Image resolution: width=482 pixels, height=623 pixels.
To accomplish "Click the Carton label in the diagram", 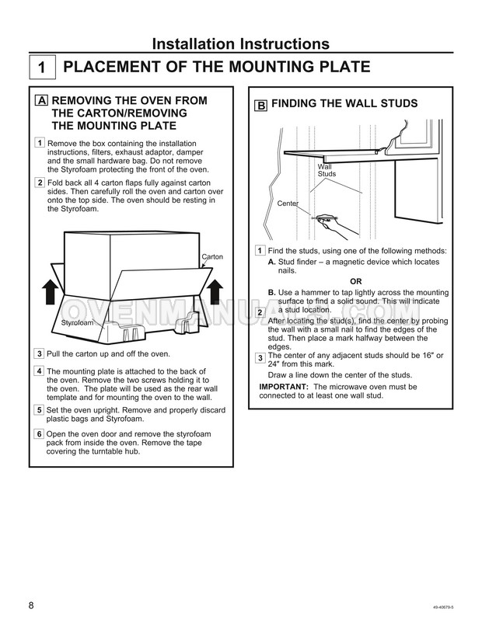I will pyautogui.click(x=212, y=256).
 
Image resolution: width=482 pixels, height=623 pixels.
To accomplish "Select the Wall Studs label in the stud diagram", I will pyautogui.click(x=327, y=171).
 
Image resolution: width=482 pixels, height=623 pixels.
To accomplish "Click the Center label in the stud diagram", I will pyautogui.click(x=288, y=204).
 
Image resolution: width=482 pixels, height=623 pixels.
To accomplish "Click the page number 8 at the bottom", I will pyautogui.click(x=31, y=605).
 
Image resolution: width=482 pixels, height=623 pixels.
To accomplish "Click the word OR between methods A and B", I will pyautogui.click(x=356, y=280).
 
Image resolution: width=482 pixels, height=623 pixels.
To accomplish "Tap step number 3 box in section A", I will pyautogui.click(x=40, y=353).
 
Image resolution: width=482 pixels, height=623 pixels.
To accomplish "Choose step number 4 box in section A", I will pyautogui.click(x=40, y=371).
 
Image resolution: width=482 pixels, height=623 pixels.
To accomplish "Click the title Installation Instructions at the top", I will pyautogui.click(x=240, y=44).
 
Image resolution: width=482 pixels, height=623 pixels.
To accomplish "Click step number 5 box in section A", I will pyautogui.click(x=40, y=409).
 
